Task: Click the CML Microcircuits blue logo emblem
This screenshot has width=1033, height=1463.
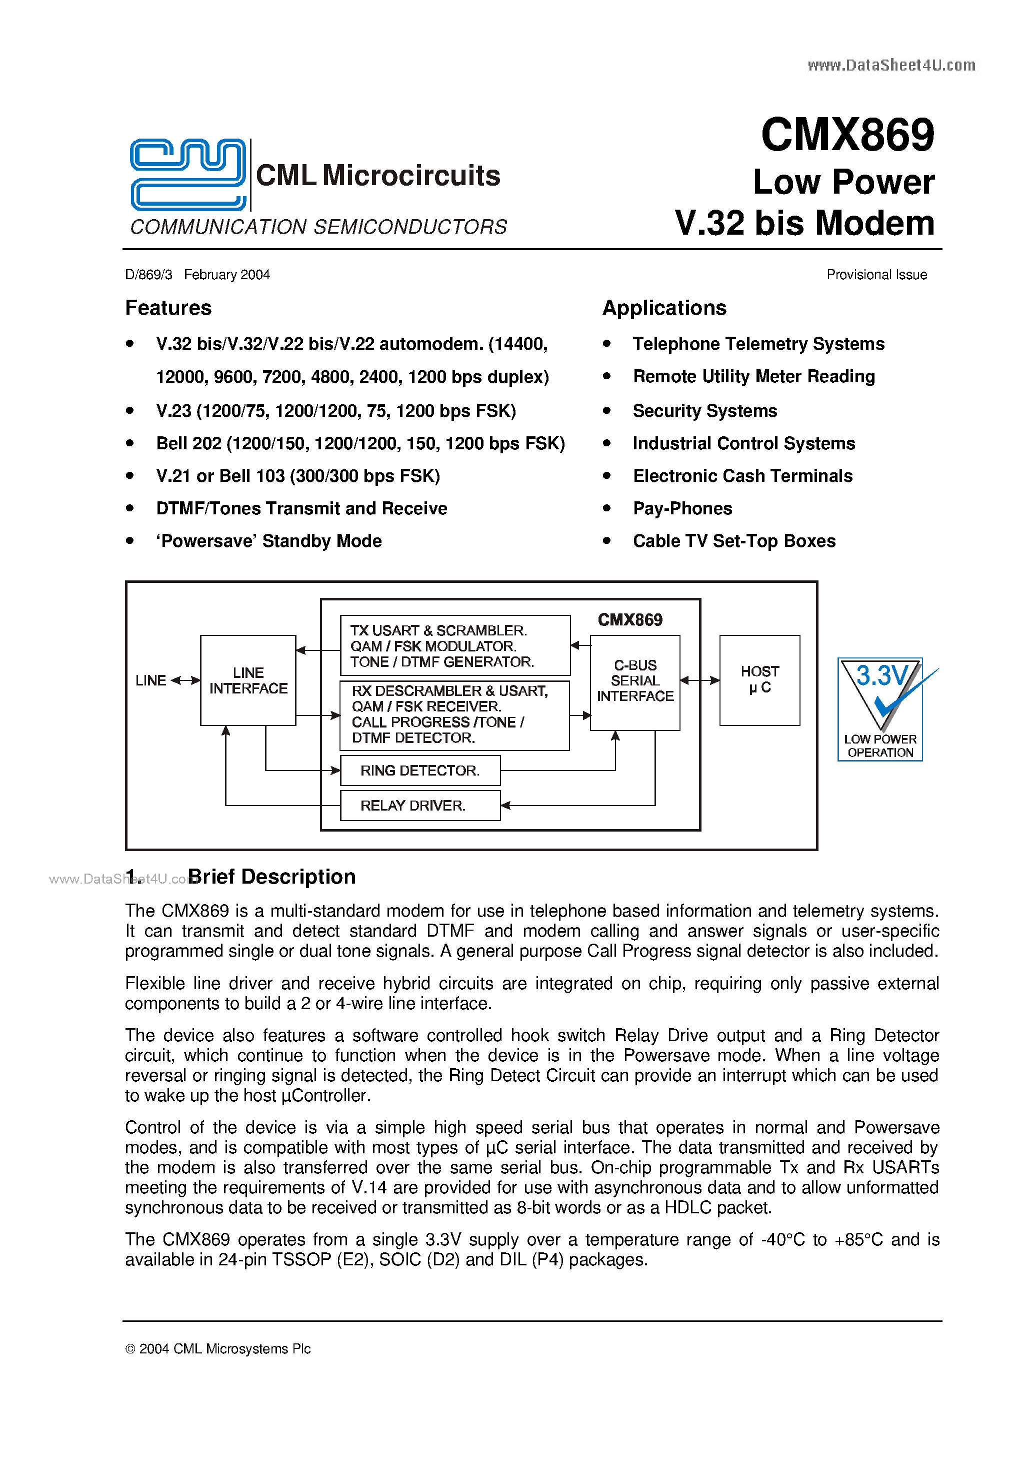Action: (x=188, y=174)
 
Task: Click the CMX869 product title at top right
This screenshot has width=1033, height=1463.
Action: (x=847, y=135)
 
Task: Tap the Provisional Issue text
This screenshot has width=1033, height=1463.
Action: (x=876, y=275)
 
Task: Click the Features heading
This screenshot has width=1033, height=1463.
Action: (x=168, y=308)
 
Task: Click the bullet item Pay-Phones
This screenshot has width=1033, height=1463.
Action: (x=682, y=508)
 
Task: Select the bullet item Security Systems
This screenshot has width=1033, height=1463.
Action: (x=704, y=411)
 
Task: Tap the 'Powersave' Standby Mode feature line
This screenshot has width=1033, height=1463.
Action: (x=269, y=541)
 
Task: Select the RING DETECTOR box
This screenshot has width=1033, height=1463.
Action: (x=419, y=771)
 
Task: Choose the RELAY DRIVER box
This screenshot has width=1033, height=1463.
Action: (x=419, y=806)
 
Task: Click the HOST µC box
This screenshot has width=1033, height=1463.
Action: (x=759, y=680)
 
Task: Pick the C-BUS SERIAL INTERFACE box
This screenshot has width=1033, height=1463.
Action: (x=634, y=681)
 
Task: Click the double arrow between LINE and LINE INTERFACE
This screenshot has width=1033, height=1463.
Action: (x=185, y=680)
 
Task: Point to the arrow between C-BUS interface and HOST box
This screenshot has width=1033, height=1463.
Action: (x=699, y=680)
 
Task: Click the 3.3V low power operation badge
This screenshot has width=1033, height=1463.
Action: (x=880, y=708)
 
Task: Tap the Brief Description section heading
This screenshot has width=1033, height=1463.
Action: (x=271, y=877)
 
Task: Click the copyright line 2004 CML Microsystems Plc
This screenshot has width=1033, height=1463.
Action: (x=218, y=1349)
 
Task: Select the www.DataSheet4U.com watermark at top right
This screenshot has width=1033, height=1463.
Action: (x=891, y=65)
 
